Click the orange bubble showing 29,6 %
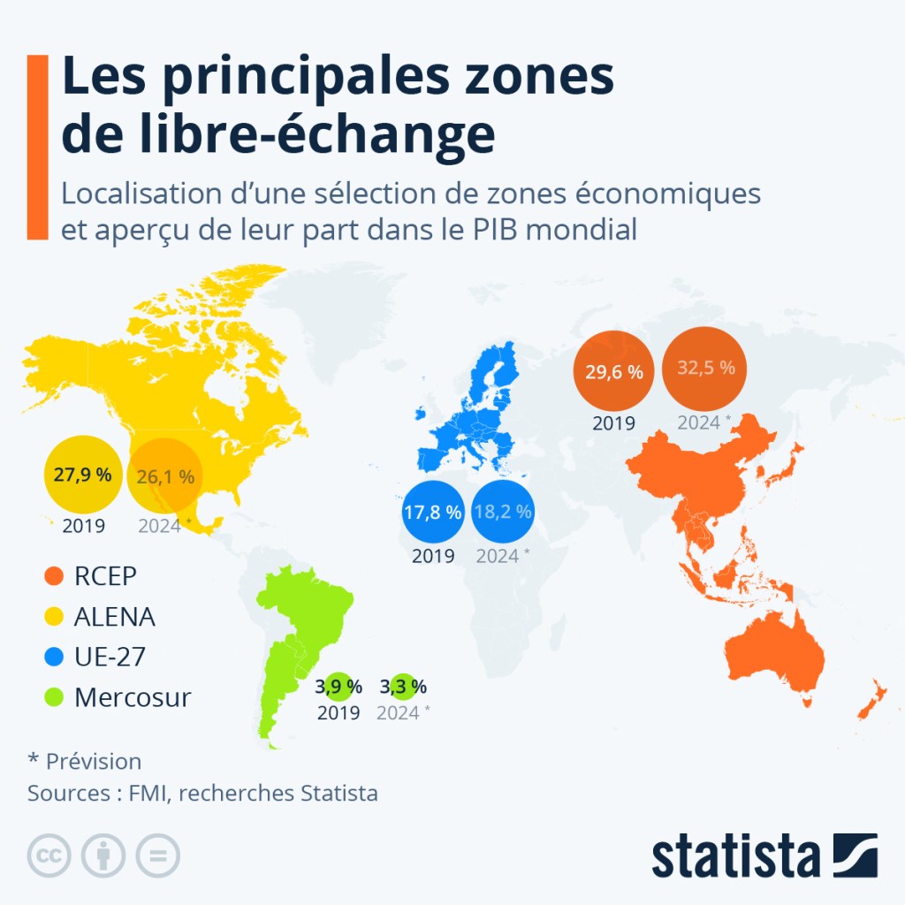coord(613,371)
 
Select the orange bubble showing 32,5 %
coord(705,369)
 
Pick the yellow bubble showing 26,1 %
coord(166,477)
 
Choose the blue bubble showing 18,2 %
coord(502,513)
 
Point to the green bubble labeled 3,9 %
coord(338,686)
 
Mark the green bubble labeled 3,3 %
coord(403,686)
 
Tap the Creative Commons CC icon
coord(49,856)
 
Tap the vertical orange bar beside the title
coord(37,147)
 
